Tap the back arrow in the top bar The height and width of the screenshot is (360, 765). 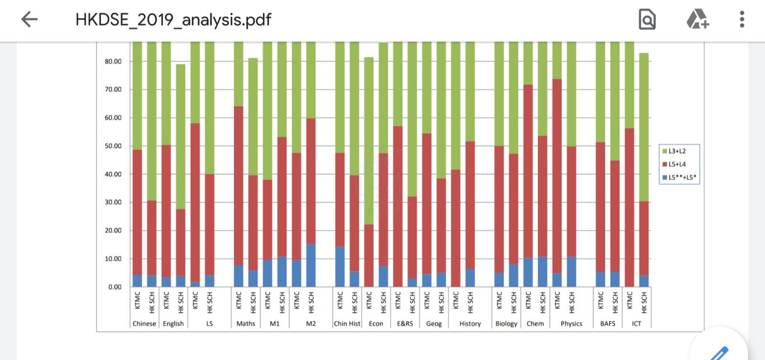pos(29,20)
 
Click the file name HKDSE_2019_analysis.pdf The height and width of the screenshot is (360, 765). pos(173,20)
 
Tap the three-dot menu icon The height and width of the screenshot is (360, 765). pos(742,20)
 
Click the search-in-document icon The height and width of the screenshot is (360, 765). pos(647,20)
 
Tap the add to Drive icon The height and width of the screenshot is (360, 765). pos(697,20)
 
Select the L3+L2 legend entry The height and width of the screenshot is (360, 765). pos(677,151)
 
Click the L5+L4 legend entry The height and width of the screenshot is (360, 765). pos(677,164)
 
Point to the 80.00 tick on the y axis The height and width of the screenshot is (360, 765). pos(113,61)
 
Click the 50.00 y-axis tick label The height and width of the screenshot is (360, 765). pos(113,146)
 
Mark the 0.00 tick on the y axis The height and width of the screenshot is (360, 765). pos(115,287)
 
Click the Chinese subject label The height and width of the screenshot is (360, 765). pos(144,324)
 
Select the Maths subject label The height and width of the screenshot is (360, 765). pos(246,324)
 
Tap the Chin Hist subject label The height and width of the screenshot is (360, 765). pos(347,324)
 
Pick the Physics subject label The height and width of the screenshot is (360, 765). pos(571,324)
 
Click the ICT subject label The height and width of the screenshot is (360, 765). pos(636,324)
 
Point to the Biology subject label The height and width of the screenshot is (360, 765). pos(506,324)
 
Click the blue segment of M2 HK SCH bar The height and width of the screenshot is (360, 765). pos(311,265)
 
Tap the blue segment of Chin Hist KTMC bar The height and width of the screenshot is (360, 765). pos(340,266)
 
